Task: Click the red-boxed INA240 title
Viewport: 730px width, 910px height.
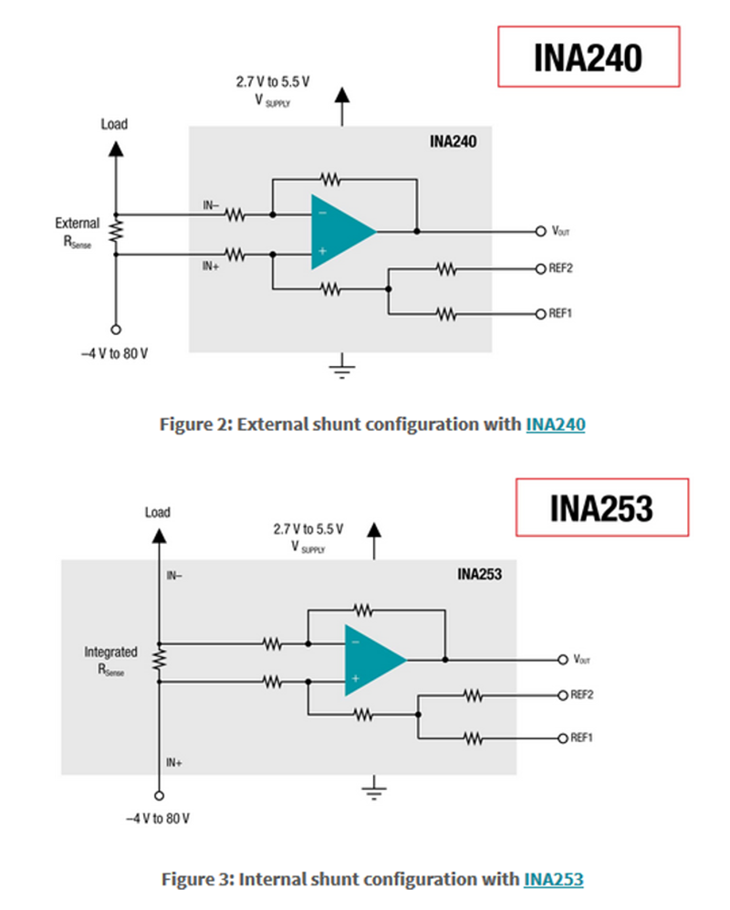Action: point(589,57)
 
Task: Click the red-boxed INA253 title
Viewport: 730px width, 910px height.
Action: point(601,507)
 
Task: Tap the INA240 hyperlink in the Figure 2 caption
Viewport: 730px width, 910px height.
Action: point(555,424)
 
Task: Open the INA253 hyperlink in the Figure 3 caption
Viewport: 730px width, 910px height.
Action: point(553,879)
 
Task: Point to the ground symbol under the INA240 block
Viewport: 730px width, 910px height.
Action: point(342,369)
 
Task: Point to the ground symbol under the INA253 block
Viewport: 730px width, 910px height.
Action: point(374,789)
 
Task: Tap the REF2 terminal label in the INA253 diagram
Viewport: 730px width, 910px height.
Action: point(582,695)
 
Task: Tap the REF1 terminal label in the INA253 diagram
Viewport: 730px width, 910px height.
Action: point(582,737)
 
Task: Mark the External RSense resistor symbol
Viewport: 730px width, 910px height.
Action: point(116,232)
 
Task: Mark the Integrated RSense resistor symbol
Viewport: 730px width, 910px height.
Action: point(158,659)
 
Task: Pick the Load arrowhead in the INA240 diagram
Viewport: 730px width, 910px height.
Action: point(116,147)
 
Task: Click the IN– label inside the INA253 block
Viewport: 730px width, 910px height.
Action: point(174,576)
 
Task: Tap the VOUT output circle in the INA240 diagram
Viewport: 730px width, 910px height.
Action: point(540,231)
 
